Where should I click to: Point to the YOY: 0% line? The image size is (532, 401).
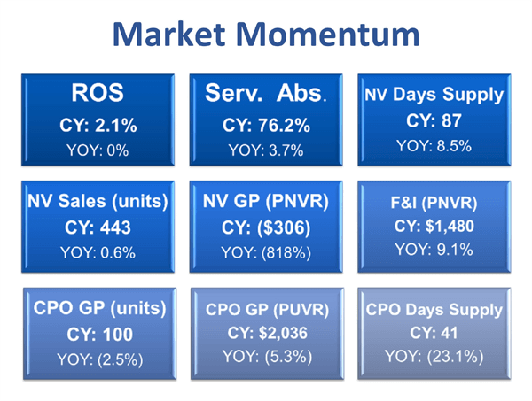[x=97, y=150]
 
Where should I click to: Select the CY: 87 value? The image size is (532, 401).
[x=434, y=121]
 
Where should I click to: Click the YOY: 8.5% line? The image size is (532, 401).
[x=434, y=145]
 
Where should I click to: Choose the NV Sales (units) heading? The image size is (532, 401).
[x=97, y=201]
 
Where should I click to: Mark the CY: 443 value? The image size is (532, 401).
[x=97, y=227]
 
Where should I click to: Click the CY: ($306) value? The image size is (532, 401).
[x=267, y=227]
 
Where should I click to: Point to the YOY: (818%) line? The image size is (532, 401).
[x=267, y=252]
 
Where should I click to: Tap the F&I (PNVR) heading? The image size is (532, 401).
[x=434, y=201]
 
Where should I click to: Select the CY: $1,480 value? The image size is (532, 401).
[x=434, y=226]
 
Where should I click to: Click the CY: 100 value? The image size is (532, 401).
[x=98, y=335]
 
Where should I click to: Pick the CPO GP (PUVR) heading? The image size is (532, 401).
[x=267, y=310]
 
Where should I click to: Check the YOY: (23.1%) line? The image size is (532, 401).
[x=434, y=356]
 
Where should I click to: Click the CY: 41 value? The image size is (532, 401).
[x=434, y=333]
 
